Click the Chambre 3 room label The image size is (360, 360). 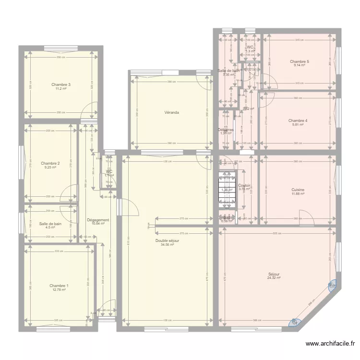coord(60,84)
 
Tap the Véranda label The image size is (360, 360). coord(171,112)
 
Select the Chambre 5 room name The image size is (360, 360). coord(300,61)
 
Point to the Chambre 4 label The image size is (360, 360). coord(298,120)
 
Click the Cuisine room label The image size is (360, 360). coord(298,190)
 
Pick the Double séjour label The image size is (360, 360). coord(167,240)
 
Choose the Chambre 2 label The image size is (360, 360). coord(50,163)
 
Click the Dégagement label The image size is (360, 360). coord(98,220)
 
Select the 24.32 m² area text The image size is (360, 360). coord(274,278)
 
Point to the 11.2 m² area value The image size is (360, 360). coord(60,89)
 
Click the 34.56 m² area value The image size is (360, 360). coord(167,245)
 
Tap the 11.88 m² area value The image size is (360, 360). coord(298,194)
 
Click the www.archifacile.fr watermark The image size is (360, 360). coord(331,344)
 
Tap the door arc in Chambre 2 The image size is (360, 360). coord(70,192)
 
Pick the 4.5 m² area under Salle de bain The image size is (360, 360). coord(50,228)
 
